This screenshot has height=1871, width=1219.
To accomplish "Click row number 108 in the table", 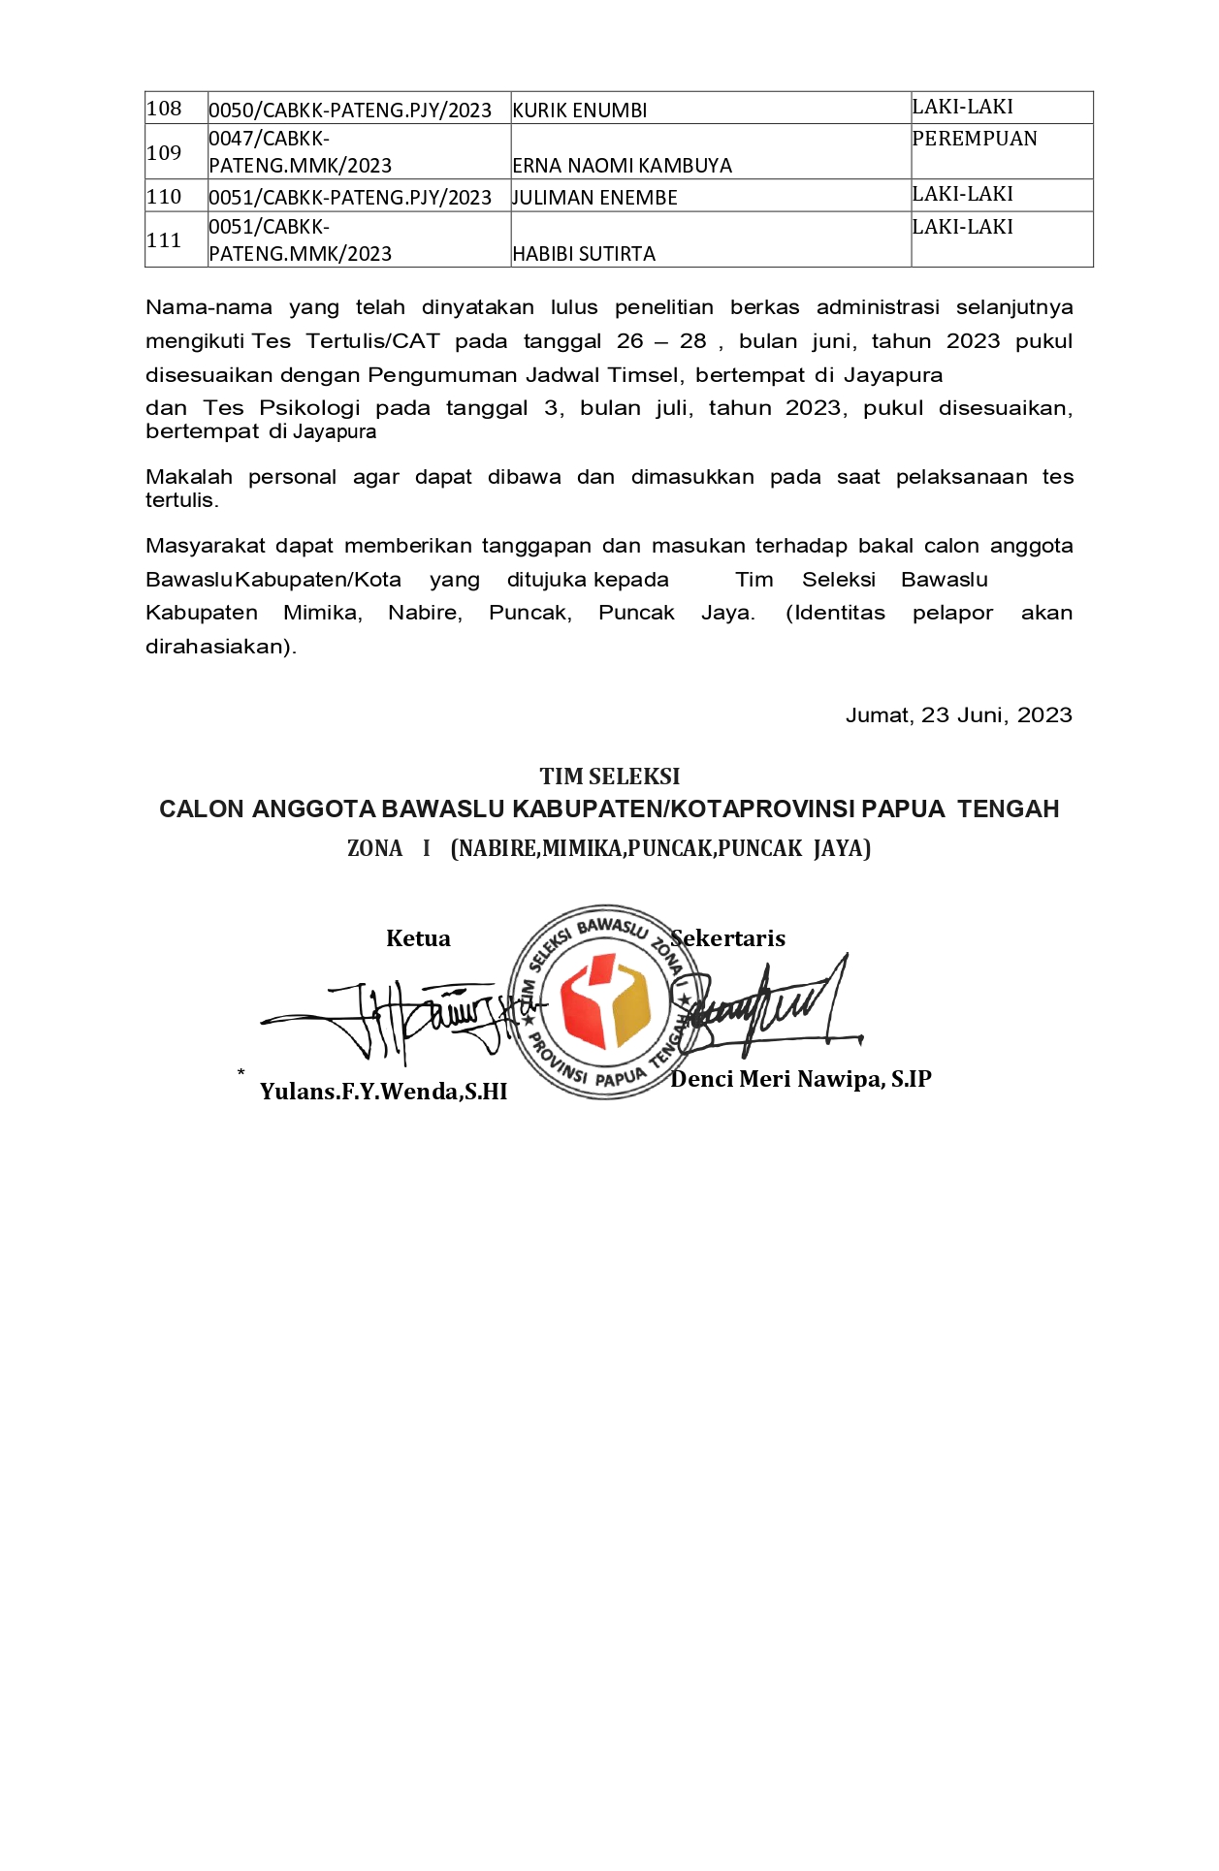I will pos(164,108).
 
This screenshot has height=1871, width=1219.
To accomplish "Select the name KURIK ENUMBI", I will pos(580,111).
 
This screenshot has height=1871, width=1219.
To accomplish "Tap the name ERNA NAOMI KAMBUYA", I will pos(622,166).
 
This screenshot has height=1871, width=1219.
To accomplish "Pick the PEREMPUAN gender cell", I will pos(974,139).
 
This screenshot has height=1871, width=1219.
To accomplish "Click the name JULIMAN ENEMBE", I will pos(594,198).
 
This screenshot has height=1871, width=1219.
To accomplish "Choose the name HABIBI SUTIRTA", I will pos(584,254).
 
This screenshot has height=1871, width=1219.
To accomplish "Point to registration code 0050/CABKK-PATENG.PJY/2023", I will pos(350,111).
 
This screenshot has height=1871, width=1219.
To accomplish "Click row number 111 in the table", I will pos(164,240).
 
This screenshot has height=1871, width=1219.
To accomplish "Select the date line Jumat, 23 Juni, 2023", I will pos(958,715).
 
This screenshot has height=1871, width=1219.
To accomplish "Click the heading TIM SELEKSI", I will pos(609,777).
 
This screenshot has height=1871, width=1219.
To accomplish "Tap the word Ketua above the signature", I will pos(418,938).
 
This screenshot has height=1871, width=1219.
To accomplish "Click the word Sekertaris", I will pos(728,938).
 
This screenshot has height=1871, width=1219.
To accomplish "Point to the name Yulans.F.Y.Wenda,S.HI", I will pos(383,1092).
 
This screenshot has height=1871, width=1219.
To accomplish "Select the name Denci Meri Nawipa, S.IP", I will pos(800,1079).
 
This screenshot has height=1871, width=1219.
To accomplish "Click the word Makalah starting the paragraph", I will pos(189,477).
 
